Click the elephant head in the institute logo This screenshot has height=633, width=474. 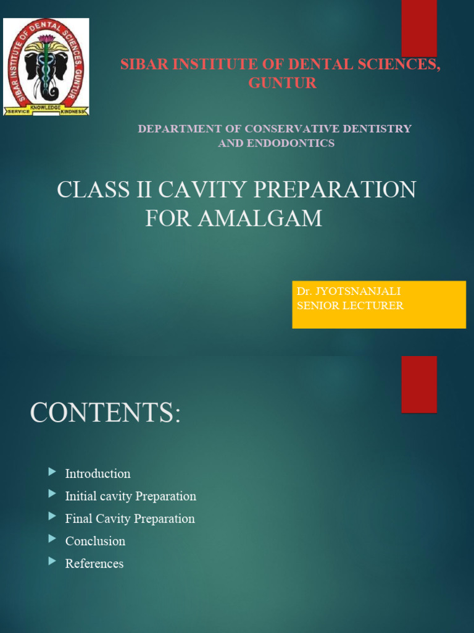coord(46,68)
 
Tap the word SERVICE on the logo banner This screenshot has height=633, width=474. coord(17,111)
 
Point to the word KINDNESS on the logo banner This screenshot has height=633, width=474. coord(75,111)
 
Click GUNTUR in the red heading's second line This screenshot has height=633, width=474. coord(283,83)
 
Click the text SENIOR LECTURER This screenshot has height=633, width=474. coord(350,305)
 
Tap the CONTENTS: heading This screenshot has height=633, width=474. coord(106,413)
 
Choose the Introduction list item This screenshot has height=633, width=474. coord(98,474)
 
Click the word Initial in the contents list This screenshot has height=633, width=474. coord(82,496)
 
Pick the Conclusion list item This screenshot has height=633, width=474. coord(95,541)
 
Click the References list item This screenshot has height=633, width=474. coord(94,563)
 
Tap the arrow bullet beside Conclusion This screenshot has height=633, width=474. coord(52,540)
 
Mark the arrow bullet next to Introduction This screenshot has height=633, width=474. coord(52,472)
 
